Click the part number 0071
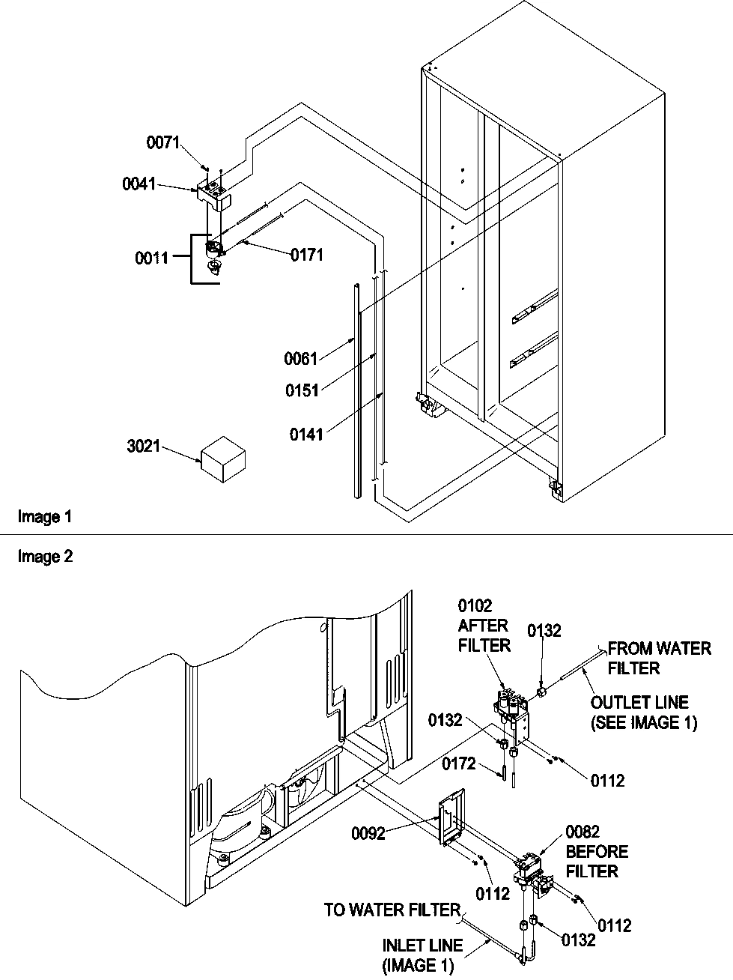click(x=162, y=142)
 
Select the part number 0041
click(x=139, y=184)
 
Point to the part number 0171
click(x=307, y=255)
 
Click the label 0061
click(x=300, y=359)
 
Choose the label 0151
click(x=301, y=390)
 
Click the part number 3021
click(x=142, y=448)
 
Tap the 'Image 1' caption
click(x=45, y=516)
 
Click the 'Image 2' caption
click(x=45, y=557)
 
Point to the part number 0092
click(x=369, y=833)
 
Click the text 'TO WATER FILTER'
click(x=392, y=910)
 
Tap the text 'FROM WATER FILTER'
click(x=658, y=658)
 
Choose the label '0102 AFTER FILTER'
click(x=484, y=625)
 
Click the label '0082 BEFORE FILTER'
click(x=597, y=852)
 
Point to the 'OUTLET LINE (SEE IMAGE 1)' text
click(x=643, y=713)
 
